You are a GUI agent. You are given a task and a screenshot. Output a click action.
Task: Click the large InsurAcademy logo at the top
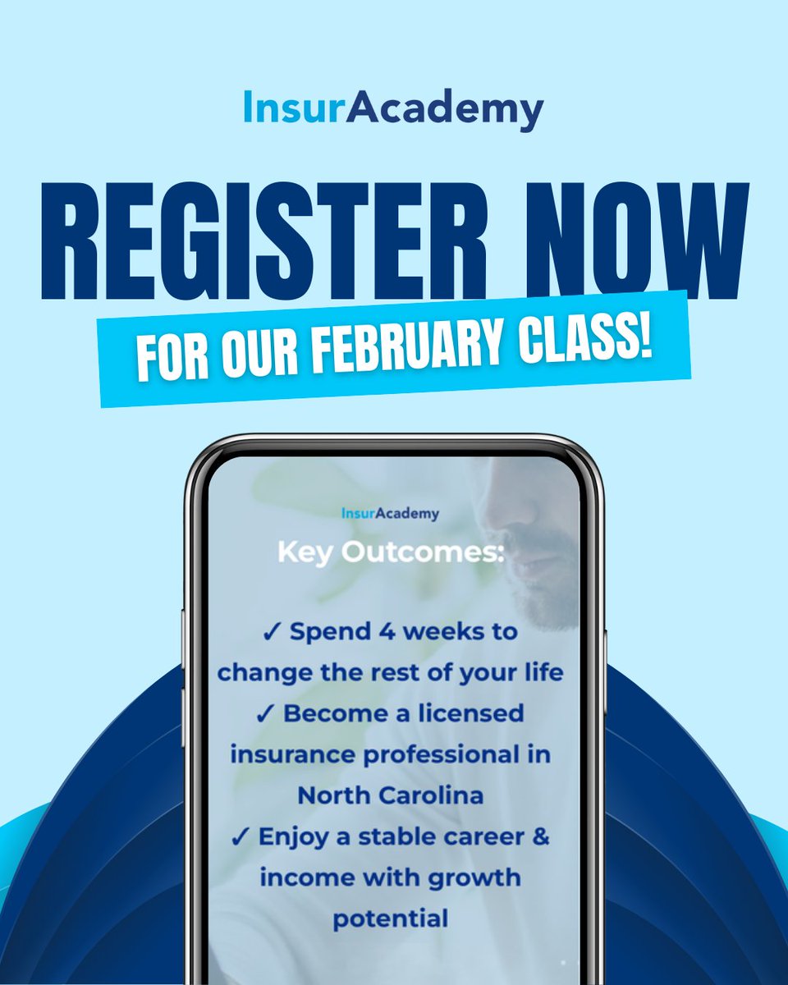click(x=393, y=109)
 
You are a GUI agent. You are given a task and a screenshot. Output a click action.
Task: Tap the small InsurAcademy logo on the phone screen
click(x=390, y=514)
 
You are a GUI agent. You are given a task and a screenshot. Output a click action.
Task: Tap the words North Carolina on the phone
click(x=390, y=795)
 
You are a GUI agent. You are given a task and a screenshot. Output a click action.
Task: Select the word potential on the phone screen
click(x=390, y=917)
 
